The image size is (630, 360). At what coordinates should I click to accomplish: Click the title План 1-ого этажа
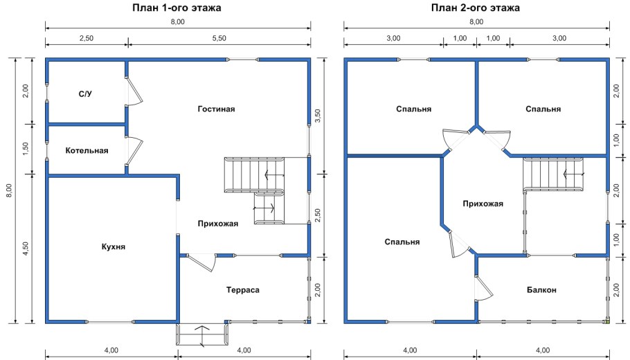coord(177,8)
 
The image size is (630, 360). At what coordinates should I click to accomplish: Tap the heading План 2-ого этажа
coord(476,8)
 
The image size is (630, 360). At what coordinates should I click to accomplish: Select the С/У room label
coord(85,94)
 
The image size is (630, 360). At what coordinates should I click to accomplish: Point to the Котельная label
coord(87,151)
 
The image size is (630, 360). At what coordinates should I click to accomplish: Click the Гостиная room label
coord(216,109)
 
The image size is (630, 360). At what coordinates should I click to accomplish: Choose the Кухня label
coord(114,246)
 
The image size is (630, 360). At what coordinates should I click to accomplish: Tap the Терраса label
coord(243,289)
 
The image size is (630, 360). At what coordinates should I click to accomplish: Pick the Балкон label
coord(541,289)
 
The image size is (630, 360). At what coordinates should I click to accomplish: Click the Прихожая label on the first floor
coord(218,224)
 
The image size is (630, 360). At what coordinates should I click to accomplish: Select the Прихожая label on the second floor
coord(483,204)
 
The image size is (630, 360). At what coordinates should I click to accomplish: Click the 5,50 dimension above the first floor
coord(219,38)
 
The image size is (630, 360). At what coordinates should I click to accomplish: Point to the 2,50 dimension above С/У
coord(87,38)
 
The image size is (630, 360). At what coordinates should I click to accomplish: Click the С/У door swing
coord(134,91)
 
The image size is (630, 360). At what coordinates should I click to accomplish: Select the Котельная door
coord(134,150)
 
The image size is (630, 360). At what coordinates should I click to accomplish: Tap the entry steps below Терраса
coord(202,336)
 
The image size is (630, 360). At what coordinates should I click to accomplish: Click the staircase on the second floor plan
coord(554,174)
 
